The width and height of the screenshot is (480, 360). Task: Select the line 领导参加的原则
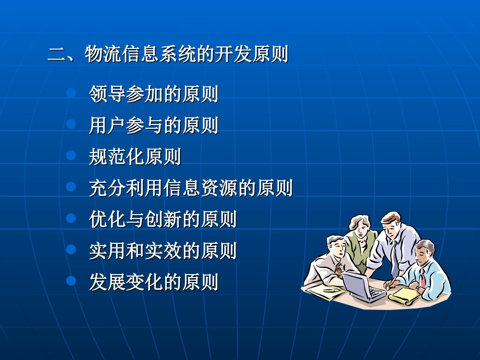(x=154, y=94)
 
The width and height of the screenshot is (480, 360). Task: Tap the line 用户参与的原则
(x=154, y=126)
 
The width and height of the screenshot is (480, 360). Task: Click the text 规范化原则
(x=135, y=157)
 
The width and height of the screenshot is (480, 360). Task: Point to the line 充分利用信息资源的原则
(x=191, y=188)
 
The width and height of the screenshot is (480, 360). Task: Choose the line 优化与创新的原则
(x=163, y=220)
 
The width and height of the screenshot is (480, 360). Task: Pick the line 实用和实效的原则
(x=163, y=251)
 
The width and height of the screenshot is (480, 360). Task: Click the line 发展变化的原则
(x=154, y=282)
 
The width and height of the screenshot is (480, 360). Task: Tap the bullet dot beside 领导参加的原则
(x=71, y=93)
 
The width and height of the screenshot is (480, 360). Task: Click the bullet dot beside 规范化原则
(x=71, y=156)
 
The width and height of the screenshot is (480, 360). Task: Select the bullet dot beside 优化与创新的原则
(x=71, y=218)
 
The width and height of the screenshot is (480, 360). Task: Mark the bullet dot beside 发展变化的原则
(x=71, y=280)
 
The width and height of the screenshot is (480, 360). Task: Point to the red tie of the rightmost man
(x=421, y=277)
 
